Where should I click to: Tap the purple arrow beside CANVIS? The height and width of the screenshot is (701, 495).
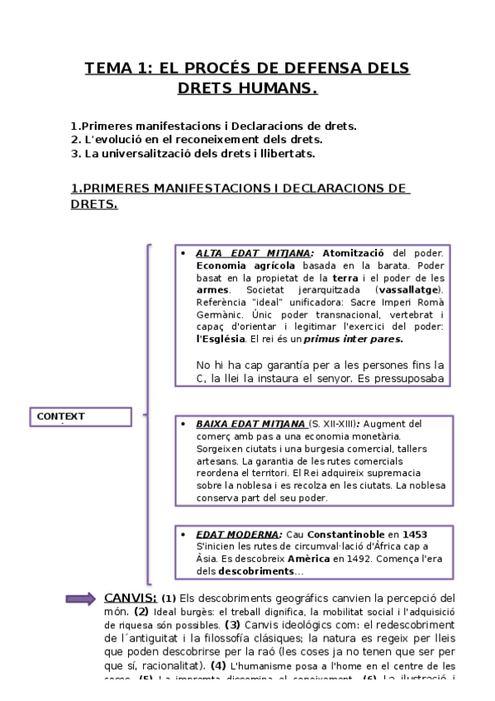pyautogui.click(x=81, y=598)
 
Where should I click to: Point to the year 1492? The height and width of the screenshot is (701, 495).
pyautogui.click(x=348, y=560)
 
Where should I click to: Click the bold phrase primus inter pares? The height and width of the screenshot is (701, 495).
pyautogui.click(x=354, y=339)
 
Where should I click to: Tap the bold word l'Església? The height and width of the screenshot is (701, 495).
pyautogui.click(x=221, y=339)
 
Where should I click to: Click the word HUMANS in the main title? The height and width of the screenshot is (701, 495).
pyautogui.click(x=278, y=88)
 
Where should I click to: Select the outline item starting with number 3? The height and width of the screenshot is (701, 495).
pyautogui.click(x=193, y=153)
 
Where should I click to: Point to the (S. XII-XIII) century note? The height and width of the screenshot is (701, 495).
pyautogui.click(x=331, y=424)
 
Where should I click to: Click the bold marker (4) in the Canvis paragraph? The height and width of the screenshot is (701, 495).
pyautogui.click(x=218, y=665)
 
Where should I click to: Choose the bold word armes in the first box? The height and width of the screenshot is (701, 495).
pyautogui.click(x=212, y=290)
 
